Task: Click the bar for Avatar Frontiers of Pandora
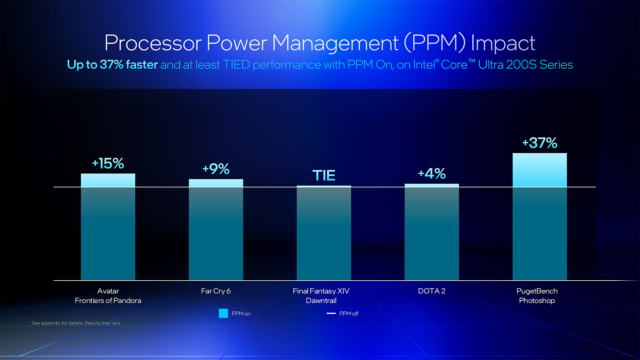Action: tap(108, 227)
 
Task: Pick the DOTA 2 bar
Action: tap(432, 232)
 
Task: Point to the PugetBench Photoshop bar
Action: tap(540, 217)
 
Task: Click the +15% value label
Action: tap(108, 163)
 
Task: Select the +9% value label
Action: tap(216, 169)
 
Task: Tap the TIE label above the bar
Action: tap(324, 175)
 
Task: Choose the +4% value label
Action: tap(432, 173)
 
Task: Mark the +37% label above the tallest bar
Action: tap(540, 143)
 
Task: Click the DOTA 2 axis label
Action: tap(432, 291)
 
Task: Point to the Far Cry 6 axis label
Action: tap(216, 291)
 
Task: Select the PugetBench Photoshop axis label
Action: tap(537, 296)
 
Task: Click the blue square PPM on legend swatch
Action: tap(223, 313)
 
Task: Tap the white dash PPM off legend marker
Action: tap(331, 313)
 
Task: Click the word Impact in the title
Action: tap(503, 43)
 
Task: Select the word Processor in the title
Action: tap(153, 43)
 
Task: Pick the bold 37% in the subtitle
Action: tap(112, 64)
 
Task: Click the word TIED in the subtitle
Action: tap(236, 64)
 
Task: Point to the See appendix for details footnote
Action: tap(76, 323)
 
